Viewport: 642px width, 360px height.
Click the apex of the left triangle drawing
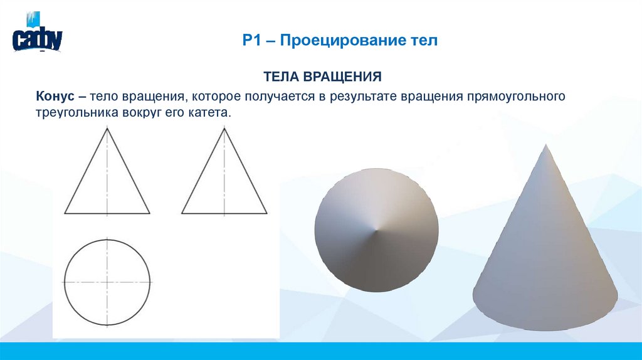point(107,127)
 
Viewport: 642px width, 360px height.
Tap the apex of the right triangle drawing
point(224,127)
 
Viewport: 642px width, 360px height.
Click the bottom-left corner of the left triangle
point(65,213)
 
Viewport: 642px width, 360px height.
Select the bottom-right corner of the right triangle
point(266,213)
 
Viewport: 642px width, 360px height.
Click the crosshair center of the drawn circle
point(107,282)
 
